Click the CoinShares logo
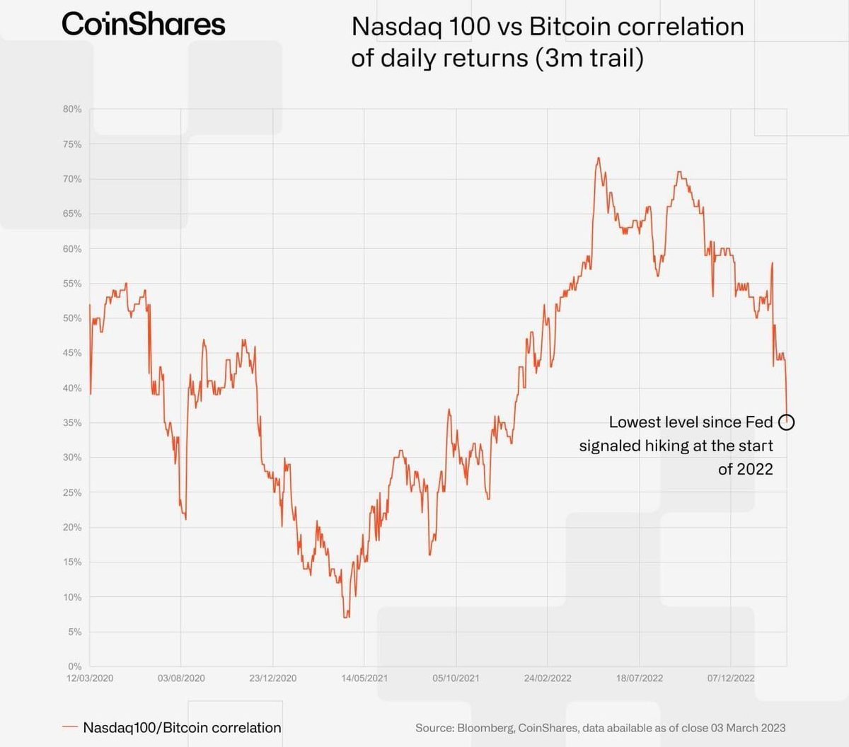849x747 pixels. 144,24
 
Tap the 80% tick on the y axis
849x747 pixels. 72,110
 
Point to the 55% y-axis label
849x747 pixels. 72,284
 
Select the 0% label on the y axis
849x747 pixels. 74,666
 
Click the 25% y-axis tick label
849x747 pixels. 72,492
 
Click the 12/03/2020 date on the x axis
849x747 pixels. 90,678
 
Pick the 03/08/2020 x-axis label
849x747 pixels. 181,678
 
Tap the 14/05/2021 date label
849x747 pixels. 364,678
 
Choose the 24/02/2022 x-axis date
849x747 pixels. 548,678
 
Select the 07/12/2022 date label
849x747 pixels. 731,678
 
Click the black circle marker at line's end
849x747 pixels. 786,422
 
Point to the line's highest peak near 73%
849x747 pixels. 599,158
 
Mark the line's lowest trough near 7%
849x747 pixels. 346,617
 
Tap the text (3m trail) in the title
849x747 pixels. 589,57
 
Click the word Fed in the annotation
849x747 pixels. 758,422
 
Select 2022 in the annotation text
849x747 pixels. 755,469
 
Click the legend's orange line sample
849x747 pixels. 69,727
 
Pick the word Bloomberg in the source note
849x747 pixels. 485,728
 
